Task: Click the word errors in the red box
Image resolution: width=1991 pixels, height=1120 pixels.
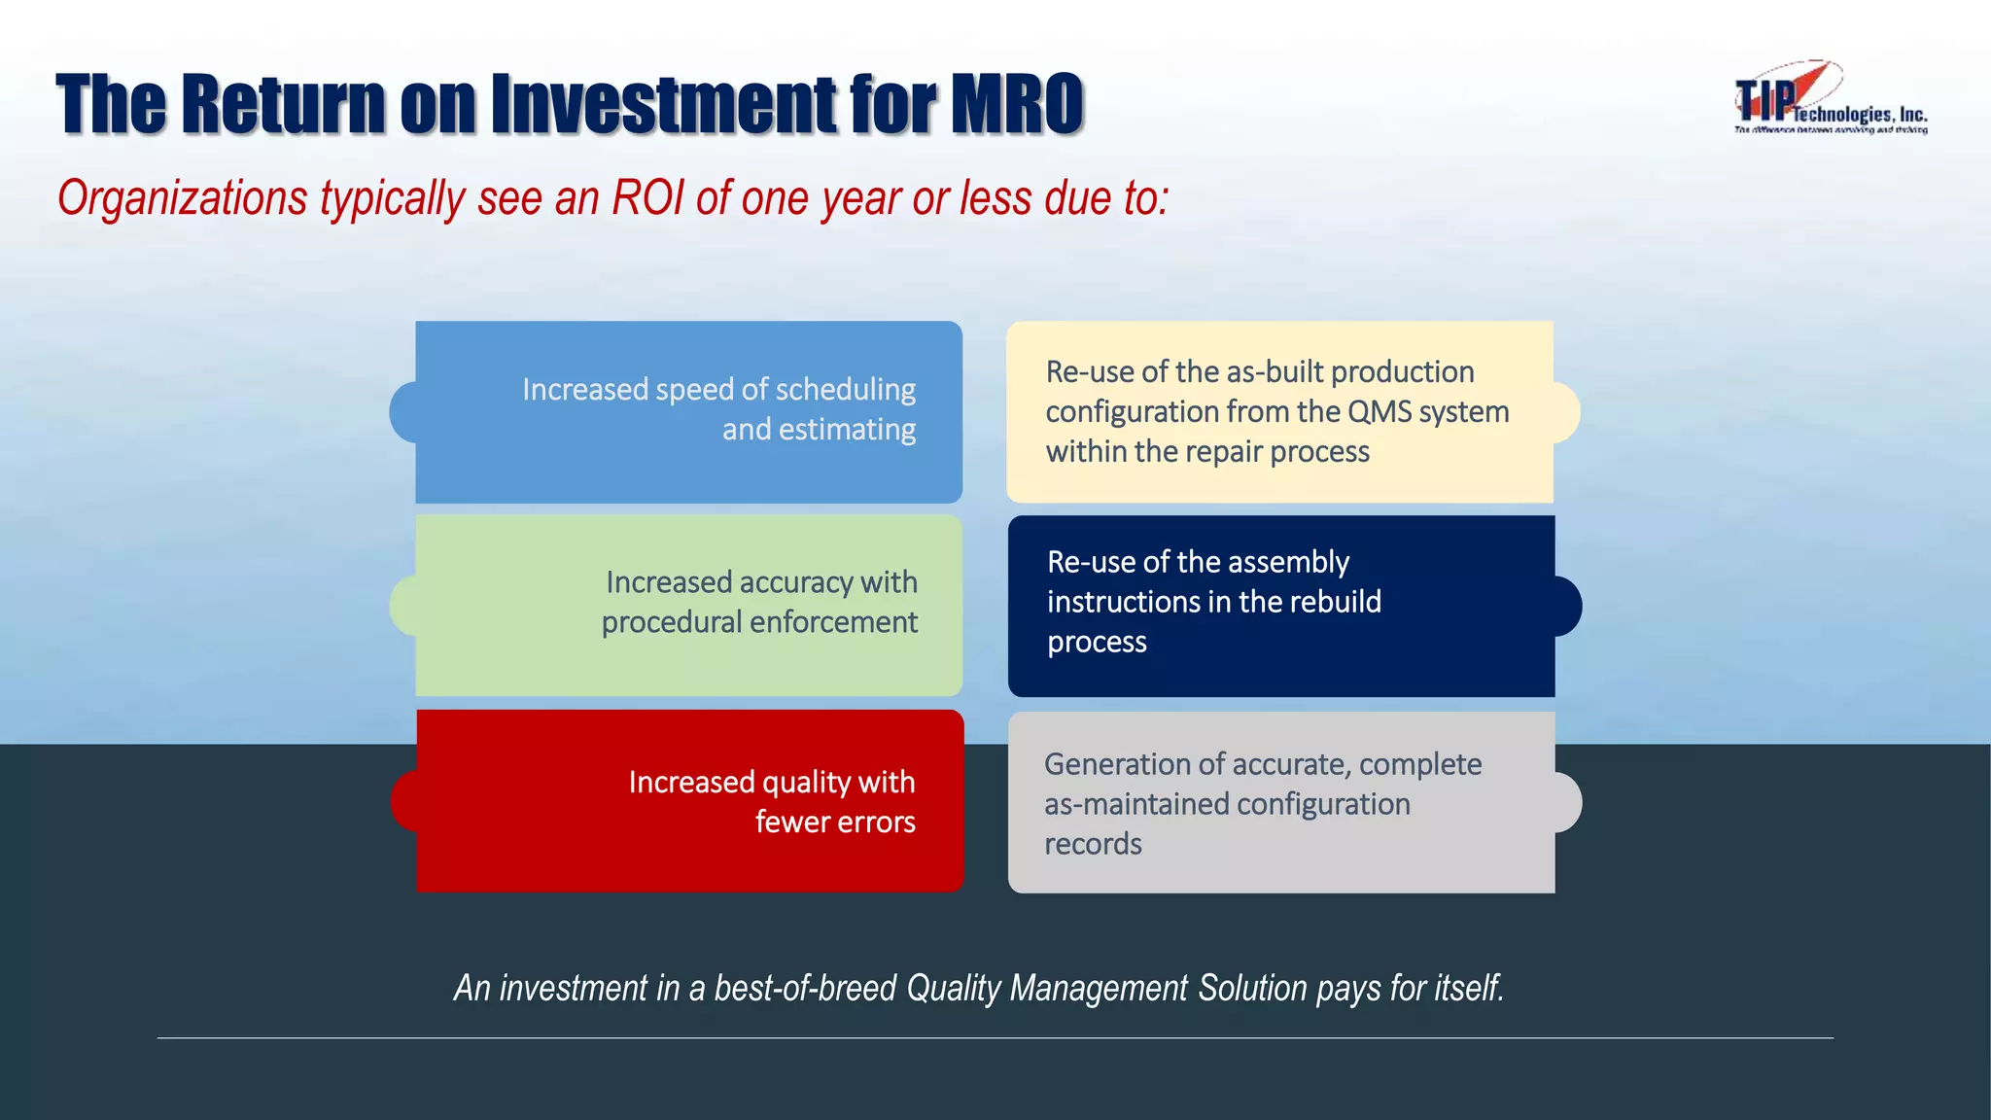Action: (875, 822)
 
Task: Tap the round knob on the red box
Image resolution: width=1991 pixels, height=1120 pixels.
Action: (404, 801)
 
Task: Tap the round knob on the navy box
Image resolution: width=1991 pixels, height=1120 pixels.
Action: (1566, 606)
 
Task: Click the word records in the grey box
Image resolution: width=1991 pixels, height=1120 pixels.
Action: (1093, 844)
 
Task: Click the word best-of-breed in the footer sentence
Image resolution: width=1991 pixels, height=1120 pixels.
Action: (804, 988)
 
